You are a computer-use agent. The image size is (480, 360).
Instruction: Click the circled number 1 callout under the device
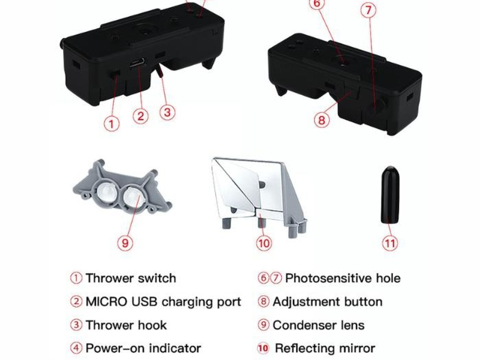pyautogui.click(x=111, y=123)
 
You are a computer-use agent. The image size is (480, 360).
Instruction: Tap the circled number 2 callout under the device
pyautogui.click(x=141, y=116)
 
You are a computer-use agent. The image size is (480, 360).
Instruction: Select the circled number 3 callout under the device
pyautogui.click(x=167, y=112)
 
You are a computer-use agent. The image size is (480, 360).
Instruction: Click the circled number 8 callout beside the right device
pyautogui.click(x=322, y=120)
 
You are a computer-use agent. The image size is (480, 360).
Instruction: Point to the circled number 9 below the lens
pyautogui.click(x=125, y=243)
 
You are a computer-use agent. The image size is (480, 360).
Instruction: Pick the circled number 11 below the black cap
pyautogui.click(x=390, y=243)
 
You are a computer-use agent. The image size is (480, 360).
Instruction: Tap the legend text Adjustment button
pyautogui.click(x=327, y=302)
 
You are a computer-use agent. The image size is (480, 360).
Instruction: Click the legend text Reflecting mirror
pyautogui.click(x=325, y=348)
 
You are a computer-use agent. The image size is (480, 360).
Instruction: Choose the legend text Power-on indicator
pyautogui.click(x=143, y=348)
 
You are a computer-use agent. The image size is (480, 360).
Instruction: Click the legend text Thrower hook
pyautogui.click(x=126, y=325)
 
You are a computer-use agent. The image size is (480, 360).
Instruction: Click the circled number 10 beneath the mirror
pyautogui.click(x=264, y=243)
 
